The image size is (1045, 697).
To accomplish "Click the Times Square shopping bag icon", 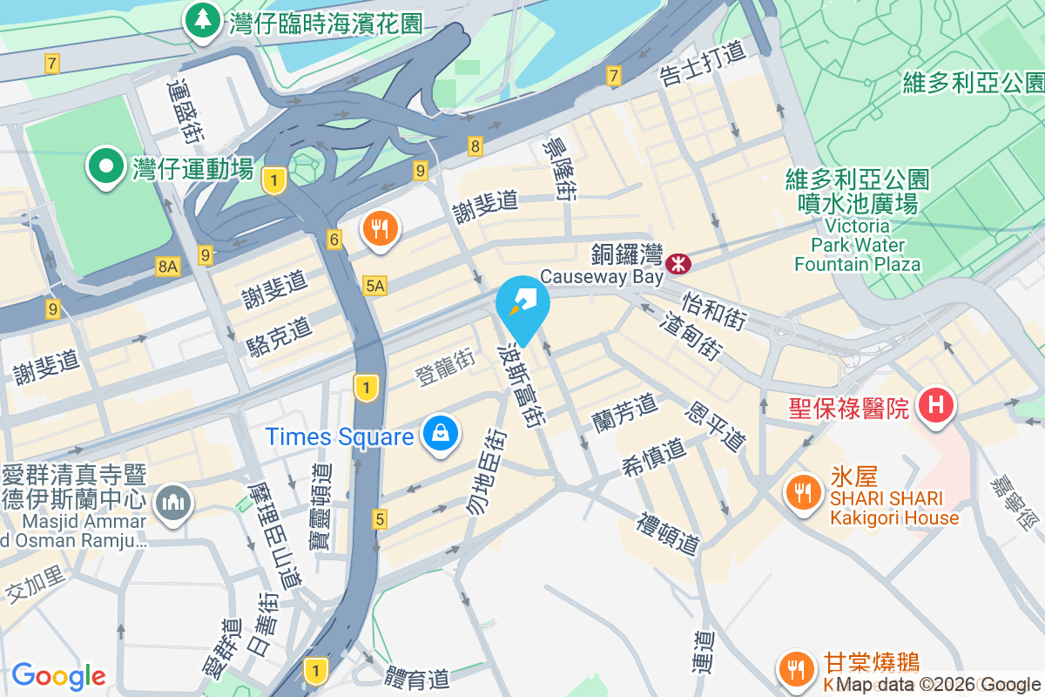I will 442,434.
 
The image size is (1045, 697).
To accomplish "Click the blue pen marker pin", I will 522,305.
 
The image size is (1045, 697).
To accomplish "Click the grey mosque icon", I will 173,502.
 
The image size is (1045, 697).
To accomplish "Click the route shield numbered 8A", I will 168,267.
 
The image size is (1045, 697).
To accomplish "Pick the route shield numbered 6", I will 334,239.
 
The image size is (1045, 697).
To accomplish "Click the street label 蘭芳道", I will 624,410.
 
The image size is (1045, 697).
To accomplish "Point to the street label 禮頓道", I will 668,534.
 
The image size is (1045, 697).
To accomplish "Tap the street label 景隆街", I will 558,168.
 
